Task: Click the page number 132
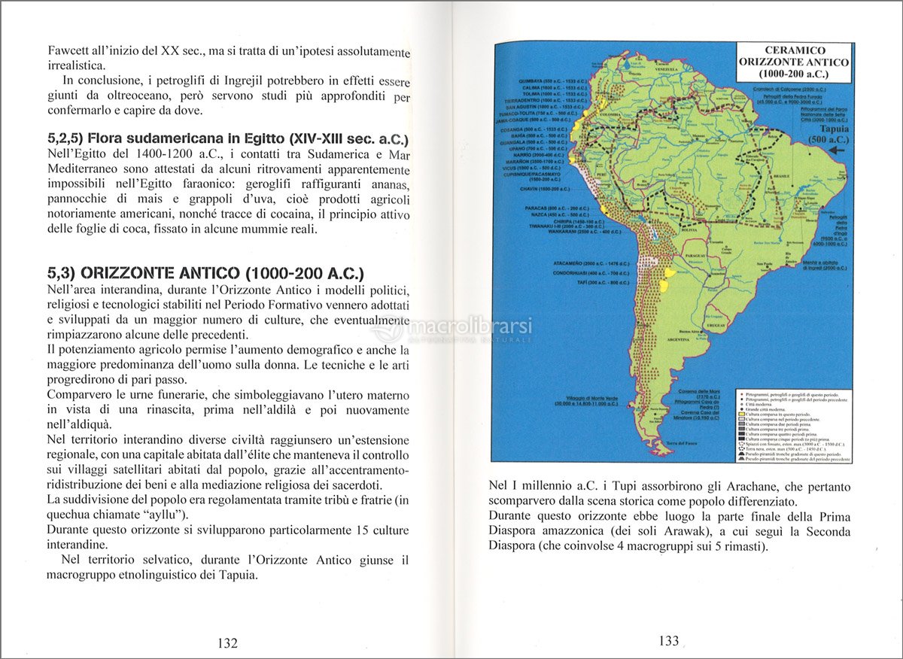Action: click(227, 643)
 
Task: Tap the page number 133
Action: click(668, 641)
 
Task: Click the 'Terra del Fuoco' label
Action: click(681, 443)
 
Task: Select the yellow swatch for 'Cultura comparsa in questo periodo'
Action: click(742, 415)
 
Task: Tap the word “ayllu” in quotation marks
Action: click(164, 515)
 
